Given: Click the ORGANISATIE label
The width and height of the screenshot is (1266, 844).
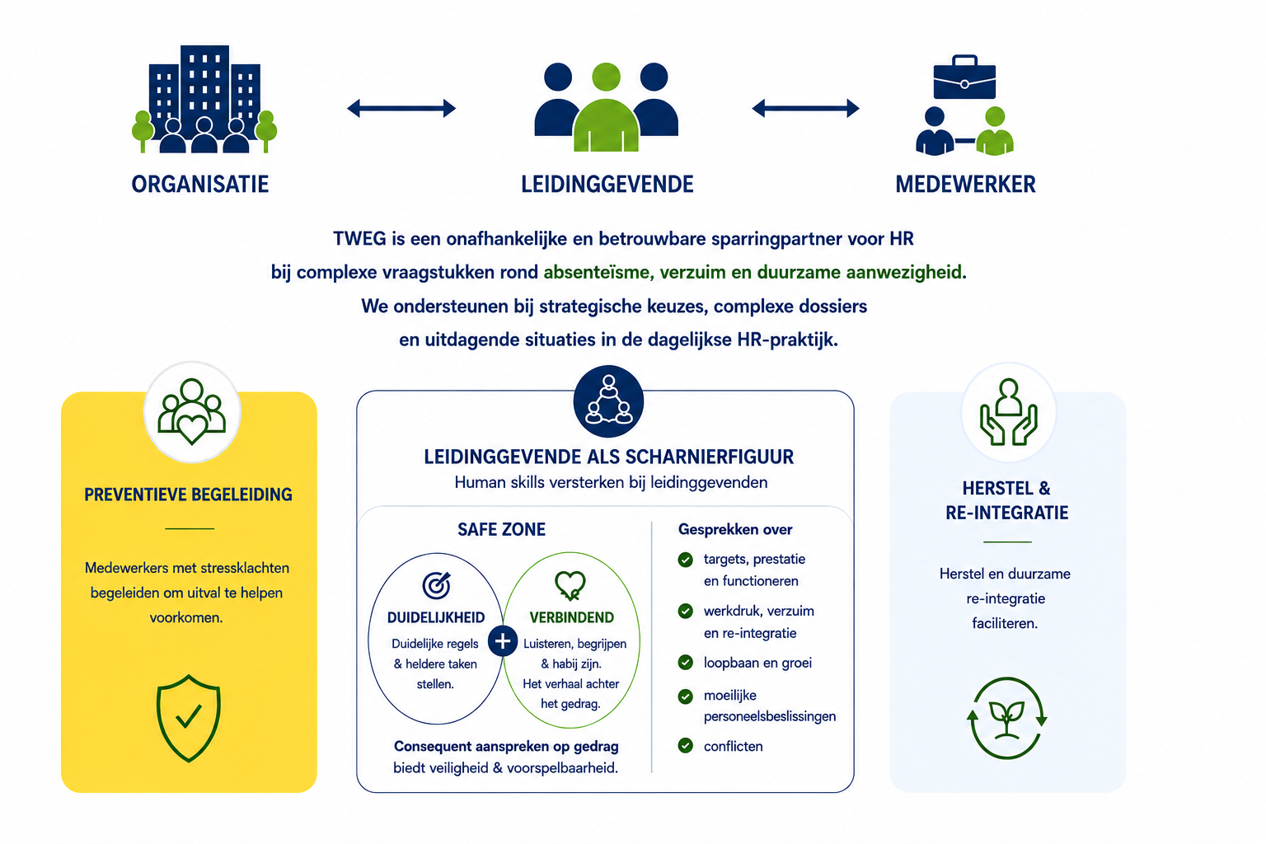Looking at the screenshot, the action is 200,185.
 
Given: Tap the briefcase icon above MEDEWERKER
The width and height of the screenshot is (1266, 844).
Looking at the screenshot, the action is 964,77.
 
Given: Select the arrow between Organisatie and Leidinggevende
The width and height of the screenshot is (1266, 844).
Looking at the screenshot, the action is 401,108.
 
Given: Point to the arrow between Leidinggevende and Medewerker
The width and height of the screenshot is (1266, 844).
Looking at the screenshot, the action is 805,108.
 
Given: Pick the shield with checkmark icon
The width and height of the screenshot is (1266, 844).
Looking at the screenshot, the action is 188,718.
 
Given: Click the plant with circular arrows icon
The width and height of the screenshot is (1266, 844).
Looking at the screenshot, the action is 1006,718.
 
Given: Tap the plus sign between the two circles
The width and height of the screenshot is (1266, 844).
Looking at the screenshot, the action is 503,641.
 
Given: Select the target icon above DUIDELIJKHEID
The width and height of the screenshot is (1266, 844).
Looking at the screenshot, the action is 437,585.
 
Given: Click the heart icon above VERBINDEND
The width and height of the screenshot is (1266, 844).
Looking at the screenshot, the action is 570,585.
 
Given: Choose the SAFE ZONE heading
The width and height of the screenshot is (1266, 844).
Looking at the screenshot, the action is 501,529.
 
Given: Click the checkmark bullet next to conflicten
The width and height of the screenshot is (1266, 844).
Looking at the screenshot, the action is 686,746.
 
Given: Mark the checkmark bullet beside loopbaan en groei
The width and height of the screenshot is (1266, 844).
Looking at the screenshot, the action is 686,663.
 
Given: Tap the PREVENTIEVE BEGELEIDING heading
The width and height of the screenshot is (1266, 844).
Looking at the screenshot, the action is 188,495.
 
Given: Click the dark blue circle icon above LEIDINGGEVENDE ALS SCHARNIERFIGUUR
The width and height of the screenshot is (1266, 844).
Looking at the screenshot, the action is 608,401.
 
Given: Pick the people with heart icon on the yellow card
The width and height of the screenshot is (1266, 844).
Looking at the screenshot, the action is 191,411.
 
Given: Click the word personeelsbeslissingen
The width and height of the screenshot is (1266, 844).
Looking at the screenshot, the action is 770,716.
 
